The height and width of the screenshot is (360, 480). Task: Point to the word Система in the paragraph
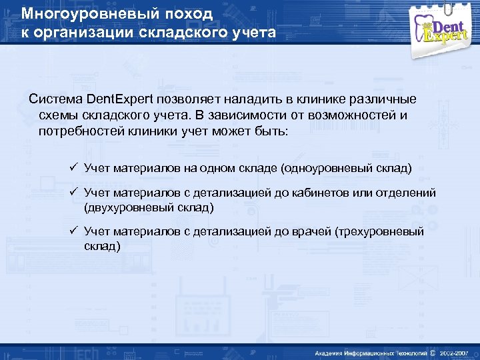(x=55, y=99)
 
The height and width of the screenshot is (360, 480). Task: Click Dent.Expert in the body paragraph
(x=120, y=99)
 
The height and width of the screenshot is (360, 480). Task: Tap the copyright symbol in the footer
(x=433, y=352)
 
